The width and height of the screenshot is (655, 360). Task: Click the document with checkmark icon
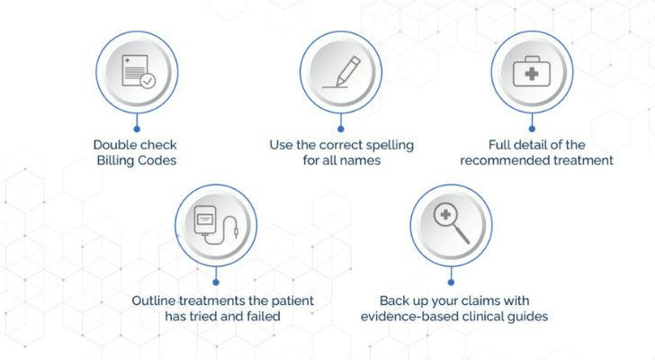tap(139, 71)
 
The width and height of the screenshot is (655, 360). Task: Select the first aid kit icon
tap(532, 71)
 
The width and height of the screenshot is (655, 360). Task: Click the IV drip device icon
tap(216, 225)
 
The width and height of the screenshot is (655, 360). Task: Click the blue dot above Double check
tap(137, 129)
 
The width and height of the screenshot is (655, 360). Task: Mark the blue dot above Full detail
tap(532, 129)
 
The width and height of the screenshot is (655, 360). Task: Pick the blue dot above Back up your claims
tap(451, 283)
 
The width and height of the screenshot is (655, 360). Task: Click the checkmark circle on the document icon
tap(148, 81)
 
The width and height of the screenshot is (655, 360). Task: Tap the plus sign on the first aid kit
tap(532, 74)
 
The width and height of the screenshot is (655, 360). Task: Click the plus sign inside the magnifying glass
tap(445, 214)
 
